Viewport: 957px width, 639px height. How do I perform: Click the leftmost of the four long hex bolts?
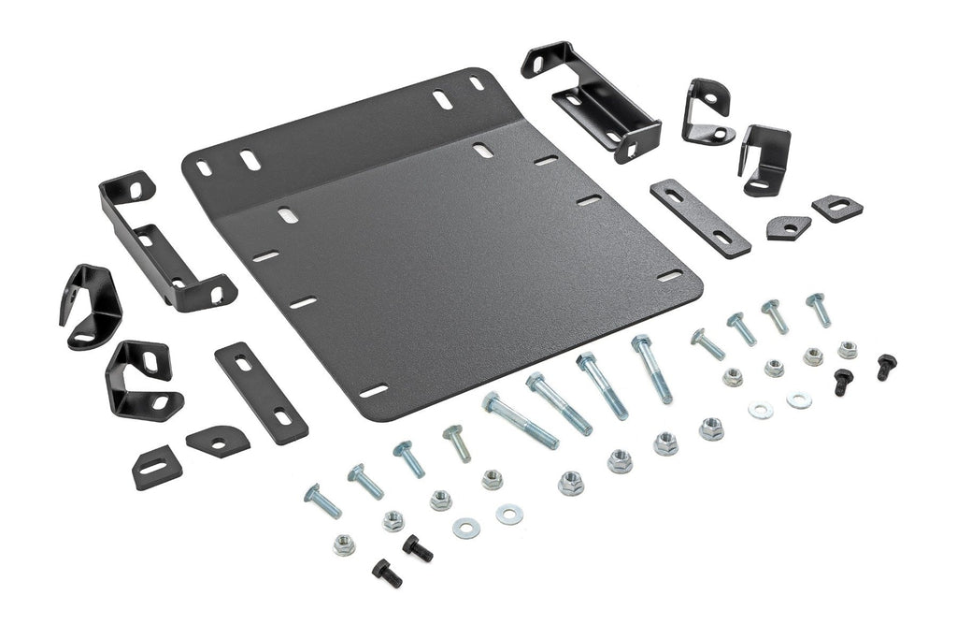pos(519,421)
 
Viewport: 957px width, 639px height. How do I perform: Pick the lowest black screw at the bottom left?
pos(386,573)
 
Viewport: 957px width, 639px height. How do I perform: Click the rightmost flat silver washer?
pos(799,400)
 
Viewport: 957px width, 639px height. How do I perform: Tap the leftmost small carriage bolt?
pos(322,501)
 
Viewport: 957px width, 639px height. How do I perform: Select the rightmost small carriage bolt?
pos(818,309)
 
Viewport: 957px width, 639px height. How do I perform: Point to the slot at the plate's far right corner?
pos(670,276)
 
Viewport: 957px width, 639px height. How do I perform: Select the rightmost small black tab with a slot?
pos(836,208)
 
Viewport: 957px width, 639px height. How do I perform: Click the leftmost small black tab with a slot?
pos(156,467)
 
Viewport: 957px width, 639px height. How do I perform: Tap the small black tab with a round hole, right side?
pos(789,226)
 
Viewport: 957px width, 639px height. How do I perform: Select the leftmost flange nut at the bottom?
pos(344,544)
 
